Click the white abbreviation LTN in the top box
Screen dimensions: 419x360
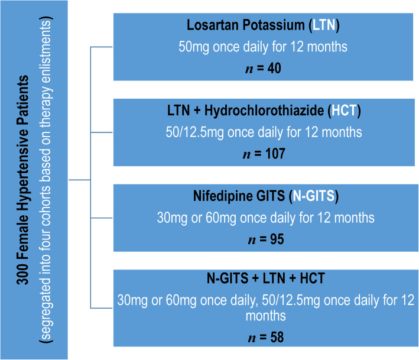(x=324, y=25)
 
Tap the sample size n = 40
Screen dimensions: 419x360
(x=263, y=68)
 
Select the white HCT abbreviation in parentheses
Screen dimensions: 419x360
(x=344, y=111)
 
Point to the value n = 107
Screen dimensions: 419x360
(x=264, y=154)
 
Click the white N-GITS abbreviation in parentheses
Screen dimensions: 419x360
(x=314, y=196)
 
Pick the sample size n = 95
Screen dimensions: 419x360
(x=266, y=239)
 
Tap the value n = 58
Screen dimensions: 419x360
(x=266, y=338)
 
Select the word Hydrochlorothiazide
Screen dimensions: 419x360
(x=264, y=111)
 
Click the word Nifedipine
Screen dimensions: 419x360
(x=223, y=196)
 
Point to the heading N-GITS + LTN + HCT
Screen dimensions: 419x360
(x=266, y=278)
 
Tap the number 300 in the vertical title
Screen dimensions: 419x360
(x=22, y=274)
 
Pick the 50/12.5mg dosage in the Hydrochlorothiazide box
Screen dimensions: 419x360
(x=194, y=132)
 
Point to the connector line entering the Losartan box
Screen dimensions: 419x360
(x=102, y=47)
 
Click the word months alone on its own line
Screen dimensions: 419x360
(x=266, y=316)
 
